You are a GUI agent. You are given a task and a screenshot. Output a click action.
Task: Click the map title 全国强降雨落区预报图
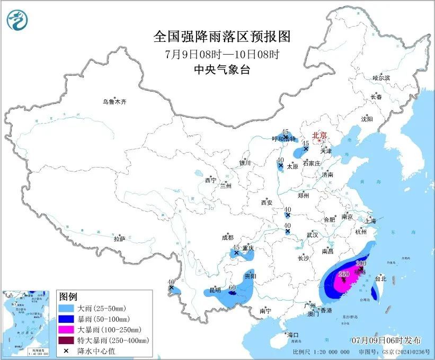222,37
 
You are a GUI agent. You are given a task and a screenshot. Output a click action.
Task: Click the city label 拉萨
119,239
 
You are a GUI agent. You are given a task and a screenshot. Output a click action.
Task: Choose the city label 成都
228,238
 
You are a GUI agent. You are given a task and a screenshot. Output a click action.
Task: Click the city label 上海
370,221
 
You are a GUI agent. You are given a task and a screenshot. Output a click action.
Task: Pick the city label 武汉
312,234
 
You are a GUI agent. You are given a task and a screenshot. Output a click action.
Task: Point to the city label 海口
293,335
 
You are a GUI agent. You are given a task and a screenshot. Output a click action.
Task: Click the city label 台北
380,278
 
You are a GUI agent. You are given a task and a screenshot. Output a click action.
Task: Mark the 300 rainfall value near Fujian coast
361,264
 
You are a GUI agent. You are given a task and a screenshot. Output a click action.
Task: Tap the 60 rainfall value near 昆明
231,287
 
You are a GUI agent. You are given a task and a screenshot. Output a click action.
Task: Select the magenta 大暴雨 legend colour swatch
66,329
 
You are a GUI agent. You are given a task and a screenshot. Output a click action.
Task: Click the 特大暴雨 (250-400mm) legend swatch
66,340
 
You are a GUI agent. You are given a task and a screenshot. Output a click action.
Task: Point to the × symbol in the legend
66,350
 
